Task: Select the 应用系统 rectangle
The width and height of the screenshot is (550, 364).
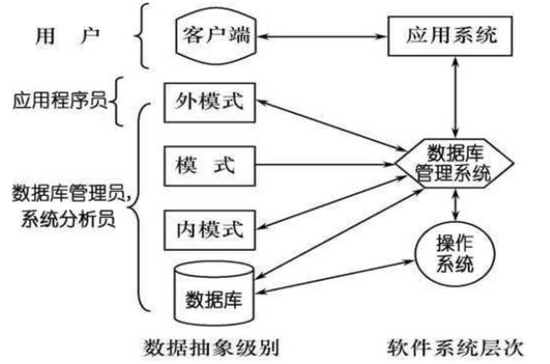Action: (452, 36)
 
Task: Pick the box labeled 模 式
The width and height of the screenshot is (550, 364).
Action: (210, 166)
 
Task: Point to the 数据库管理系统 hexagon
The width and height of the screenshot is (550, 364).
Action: (454, 162)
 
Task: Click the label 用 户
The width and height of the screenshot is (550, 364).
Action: (68, 36)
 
